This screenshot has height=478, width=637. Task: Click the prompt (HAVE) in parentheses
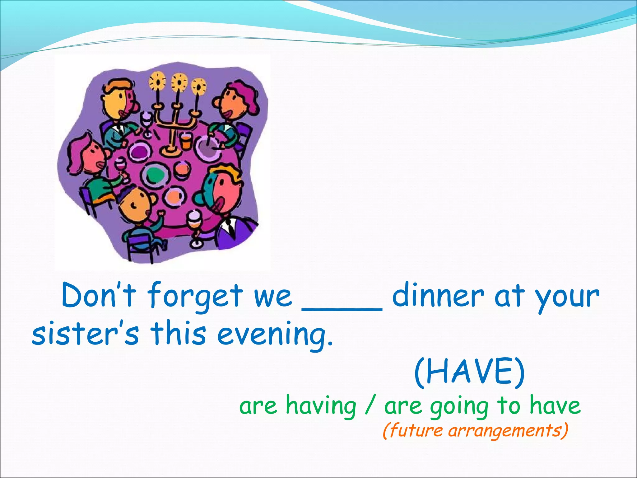(x=469, y=372)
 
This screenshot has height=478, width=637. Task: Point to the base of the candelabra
(x=170, y=151)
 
